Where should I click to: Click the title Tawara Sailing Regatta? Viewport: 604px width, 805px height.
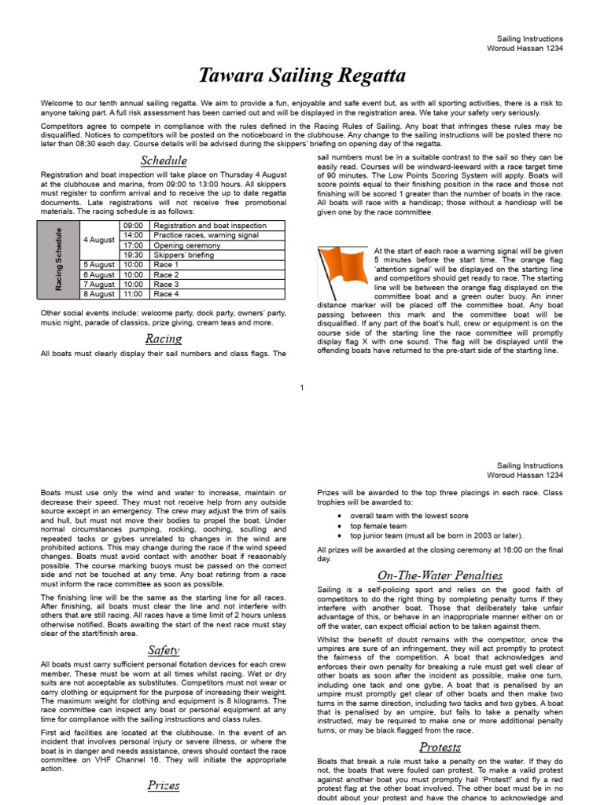coord(302,76)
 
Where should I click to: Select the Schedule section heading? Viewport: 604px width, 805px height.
coord(163,161)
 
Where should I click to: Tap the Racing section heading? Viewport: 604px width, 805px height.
coord(163,339)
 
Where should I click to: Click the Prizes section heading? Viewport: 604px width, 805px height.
coord(163,785)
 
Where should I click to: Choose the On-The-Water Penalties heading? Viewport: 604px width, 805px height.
coord(440,575)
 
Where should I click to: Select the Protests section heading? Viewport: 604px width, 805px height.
coord(440,746)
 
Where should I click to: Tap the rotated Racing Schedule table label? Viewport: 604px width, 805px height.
coord(60,259)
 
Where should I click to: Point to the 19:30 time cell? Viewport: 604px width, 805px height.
coord(133,255)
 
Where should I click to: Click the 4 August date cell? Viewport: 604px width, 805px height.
coord(99,240)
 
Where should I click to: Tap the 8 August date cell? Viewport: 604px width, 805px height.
coord(99,294)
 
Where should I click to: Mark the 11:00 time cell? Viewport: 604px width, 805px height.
coord(133,294)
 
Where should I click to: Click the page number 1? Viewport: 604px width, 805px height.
coord(302,387)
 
